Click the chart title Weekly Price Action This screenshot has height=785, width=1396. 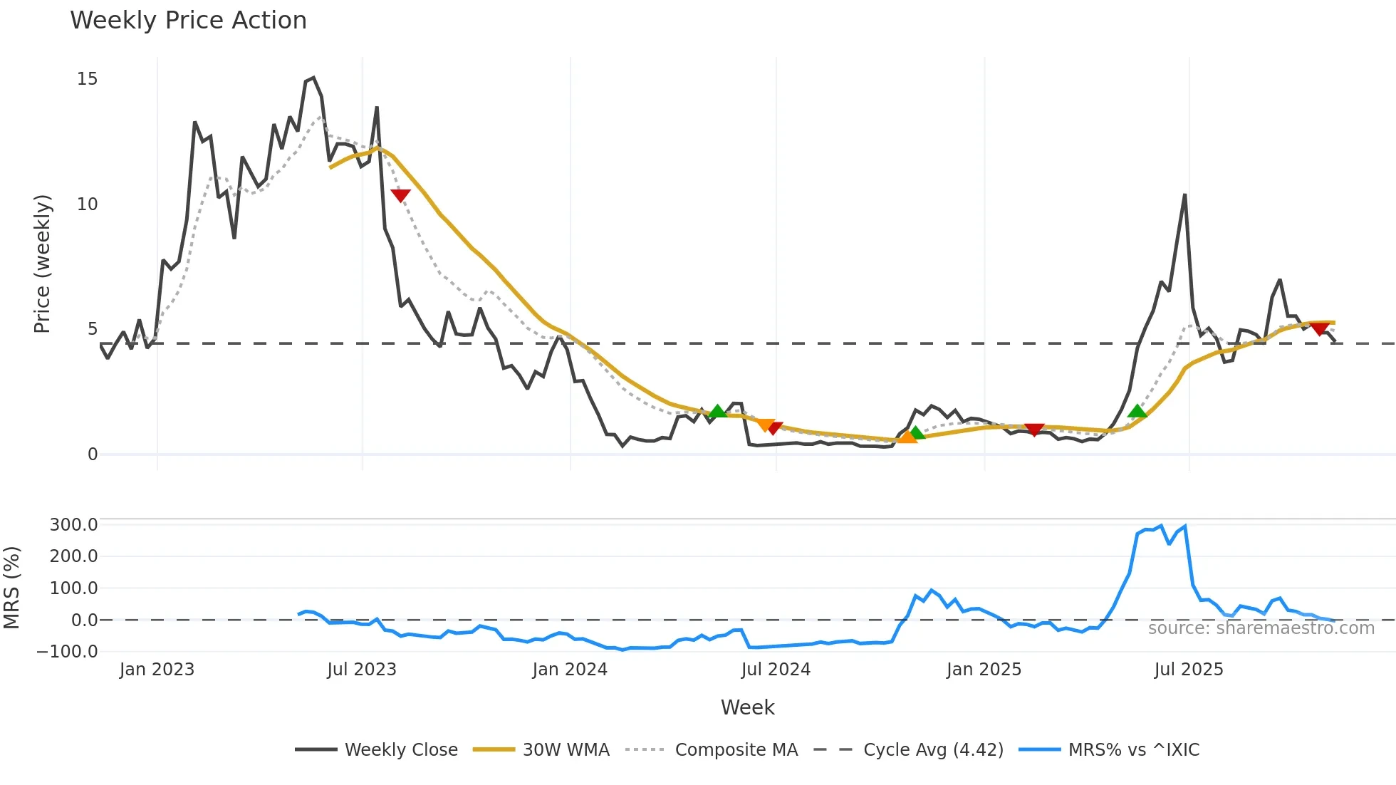(188, 21)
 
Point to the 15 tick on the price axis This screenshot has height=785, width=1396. (87, 79)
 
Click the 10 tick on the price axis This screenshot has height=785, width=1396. (87, 204)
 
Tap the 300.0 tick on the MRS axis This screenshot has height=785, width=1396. (73, 525)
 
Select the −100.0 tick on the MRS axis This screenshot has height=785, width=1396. (68, 652)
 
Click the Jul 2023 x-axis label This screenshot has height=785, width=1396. (362, 670)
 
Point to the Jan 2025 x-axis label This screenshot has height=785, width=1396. (984, 670)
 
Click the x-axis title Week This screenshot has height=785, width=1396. (747, 707)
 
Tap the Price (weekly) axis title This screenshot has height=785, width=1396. (43, 264)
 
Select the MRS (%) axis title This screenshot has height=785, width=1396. (11, 588)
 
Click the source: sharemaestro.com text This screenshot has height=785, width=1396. (1261, 628)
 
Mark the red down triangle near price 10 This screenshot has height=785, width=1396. (400, 195)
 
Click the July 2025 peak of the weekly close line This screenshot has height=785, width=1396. (1184, 194)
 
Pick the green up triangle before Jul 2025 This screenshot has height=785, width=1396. (1137, 410)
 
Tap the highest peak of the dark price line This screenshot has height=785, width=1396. (313, 78)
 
